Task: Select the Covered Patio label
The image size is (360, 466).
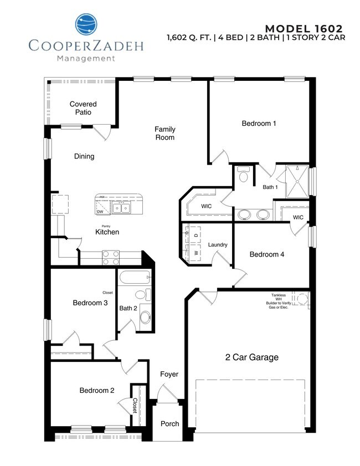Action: tap(83, 108)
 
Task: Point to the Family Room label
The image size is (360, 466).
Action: tap(164, 133)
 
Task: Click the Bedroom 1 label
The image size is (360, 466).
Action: tap(259, 124)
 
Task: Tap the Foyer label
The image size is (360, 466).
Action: tap(169, 375)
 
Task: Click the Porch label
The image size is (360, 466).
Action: tap(169, 424)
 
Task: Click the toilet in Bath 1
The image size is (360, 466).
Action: tap(243, 176)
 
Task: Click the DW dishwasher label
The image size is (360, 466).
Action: tap(100, 212)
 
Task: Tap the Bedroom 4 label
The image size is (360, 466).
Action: tap(266, 255)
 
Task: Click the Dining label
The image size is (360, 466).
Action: tap(84, 156)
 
